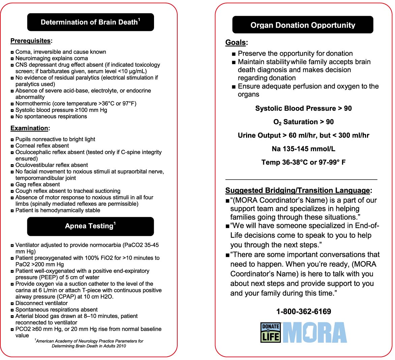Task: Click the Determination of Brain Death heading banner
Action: pyautogui.click(x=90, y=22)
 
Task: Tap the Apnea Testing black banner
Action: pyautogui.click(x=90, y=226)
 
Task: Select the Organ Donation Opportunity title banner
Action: pyautogui.click(x=303, y=25)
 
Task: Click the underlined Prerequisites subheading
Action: pyautogui.click(x=31, y=41)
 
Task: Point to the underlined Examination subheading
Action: pyautogui.click(x=30, y=128)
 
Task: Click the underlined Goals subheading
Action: pyautogui.click(x=236, y=42)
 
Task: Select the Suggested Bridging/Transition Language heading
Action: pyautogui.click(x=298, y=190)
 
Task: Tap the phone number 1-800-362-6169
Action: pyautogui.click(x=303, y=311)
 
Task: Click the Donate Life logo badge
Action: pyautogui.click(x=271, y=333)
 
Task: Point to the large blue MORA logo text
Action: pyautogui.click(x=314, y=333)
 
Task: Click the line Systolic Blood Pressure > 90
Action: pyautogui.click(x=303, y=109)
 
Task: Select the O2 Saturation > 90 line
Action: pyautogui.click(x=303, y=122)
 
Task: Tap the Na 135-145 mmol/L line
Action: pyautogui.click(x=303, y=149)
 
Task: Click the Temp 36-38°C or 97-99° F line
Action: pyautogui.click(x=303, y=162)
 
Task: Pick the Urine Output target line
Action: pyautogui.click(x=303, y=136)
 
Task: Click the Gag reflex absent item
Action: pyautogui.click(x=37, y=184)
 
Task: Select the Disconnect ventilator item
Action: pyautogui.click(x=41, y=303)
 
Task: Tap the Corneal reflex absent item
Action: pyautogui.click(x=42, y=146)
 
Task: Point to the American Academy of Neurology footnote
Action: pyautogui.click(x=89, y=343)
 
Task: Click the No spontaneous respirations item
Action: pyautogui.click(x=51, y=116)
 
